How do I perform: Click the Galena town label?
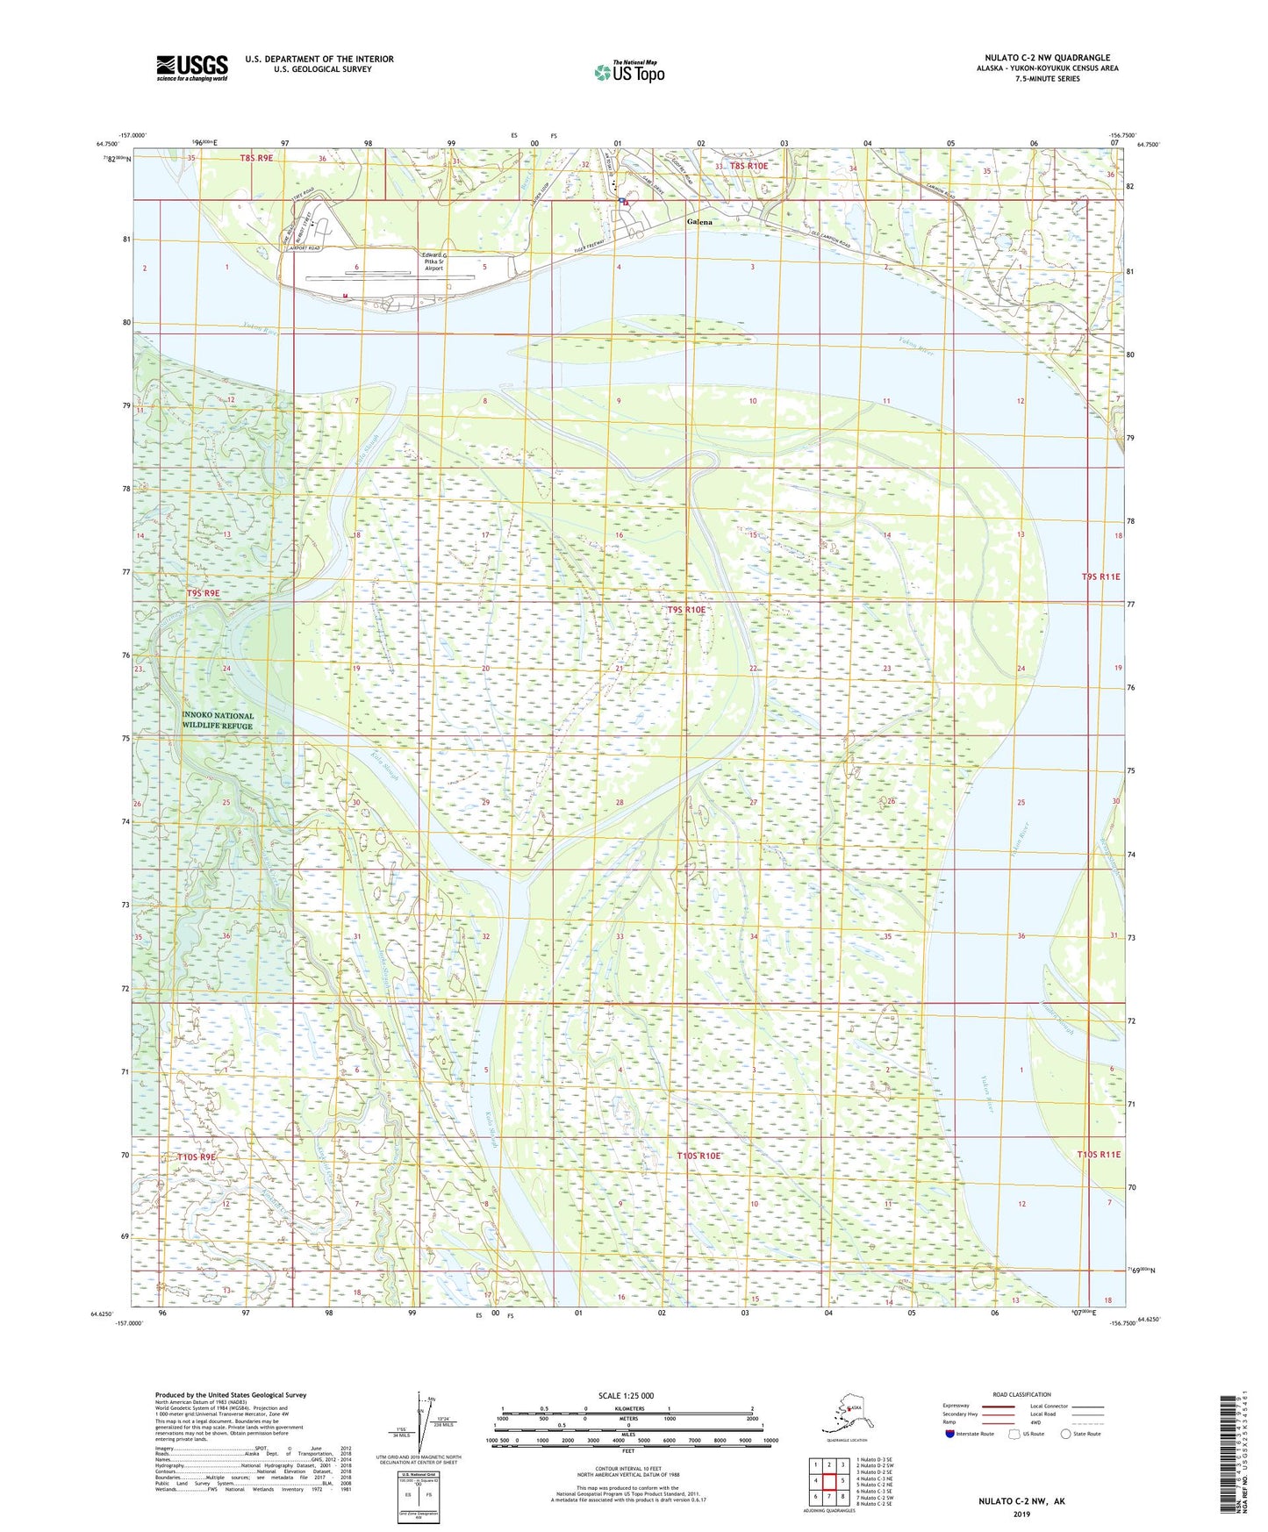coord(699,222)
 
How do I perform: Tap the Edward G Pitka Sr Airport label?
coord(433,261)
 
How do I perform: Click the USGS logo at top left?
coord(191,68)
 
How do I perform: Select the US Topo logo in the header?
coord(628,72)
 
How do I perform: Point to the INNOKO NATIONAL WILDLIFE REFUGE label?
coord(218,720)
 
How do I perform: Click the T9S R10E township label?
coord(686,610)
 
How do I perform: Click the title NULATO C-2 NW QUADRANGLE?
coord(1047,58)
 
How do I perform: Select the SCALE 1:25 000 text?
coord(626,1395)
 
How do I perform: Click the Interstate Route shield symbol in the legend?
coord(949,1434)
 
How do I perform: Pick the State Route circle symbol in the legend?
coord(1065,1434)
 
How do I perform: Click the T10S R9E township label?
coord(197,1157)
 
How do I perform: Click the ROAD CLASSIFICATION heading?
coord(1021,1394)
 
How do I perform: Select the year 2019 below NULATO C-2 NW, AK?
coord(1021,1514)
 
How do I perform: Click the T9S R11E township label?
coord(1100,576)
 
